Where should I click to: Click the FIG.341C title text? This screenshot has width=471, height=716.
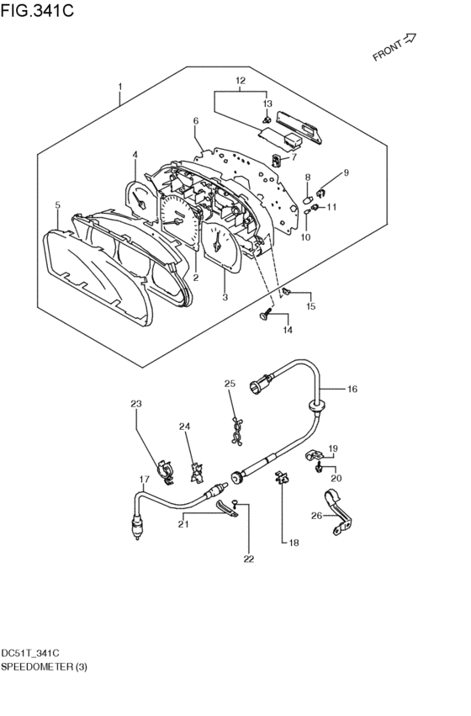point(37,9)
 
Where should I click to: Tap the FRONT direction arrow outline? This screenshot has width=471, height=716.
point(410,39)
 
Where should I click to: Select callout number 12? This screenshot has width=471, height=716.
point(241,81)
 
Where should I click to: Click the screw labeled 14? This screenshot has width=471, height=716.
point(265,314)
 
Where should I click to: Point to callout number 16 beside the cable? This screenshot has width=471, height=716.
point(352,389)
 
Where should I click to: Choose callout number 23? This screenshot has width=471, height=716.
point(136,404)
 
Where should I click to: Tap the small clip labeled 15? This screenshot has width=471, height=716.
point(287,291)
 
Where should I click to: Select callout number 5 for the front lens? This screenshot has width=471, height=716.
point(57,205)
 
